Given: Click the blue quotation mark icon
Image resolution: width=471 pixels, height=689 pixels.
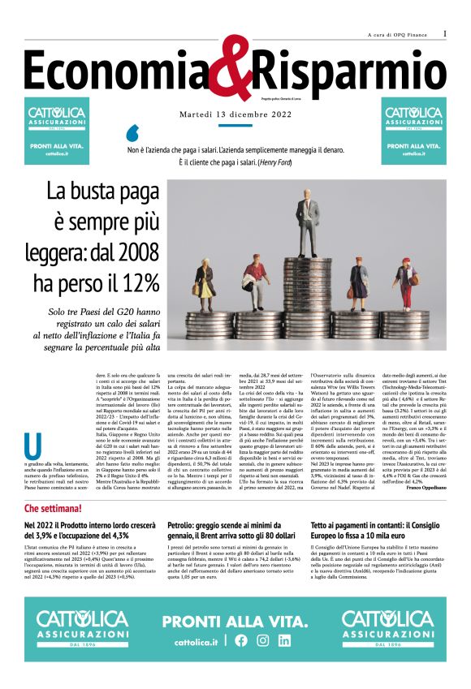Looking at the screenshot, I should pos(133,133).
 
